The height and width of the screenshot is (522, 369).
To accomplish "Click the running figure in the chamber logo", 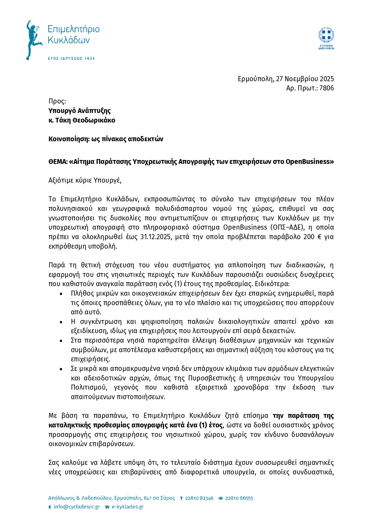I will pyautogui.click(x=33, y=40).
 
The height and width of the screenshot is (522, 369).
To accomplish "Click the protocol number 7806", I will pyautogui.click(x=326, y=88).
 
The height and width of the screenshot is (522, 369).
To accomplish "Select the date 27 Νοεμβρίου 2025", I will pyautogui.click(x=305, y=79).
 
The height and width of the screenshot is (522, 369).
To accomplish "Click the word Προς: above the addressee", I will pyautogui.click(x=57, y=101).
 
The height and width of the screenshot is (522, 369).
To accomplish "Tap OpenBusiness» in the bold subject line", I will pyautogui.click(x=309, y=162).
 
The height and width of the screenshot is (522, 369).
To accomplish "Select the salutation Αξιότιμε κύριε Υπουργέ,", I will pyautogui.click(x=85, y=180).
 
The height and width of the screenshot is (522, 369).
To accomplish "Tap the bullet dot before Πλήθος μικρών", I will pyautogui.click(x=61, y=294).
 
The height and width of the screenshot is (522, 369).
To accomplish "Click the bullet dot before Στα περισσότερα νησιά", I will pyautogui.click(x=61, y=341).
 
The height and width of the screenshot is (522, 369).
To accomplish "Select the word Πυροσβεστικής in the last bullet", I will pyautogui.click(x=210, y=378).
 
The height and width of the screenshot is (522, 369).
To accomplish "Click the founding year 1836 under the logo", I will pyautogui.click(x=90, y=58).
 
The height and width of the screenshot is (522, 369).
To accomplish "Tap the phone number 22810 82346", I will pyautogui.click(x=199, y=498).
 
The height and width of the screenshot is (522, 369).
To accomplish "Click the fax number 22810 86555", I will pyautogui.click(x=239, y=498).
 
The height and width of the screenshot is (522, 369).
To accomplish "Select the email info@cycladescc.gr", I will pyautogui.click(x=77, y=507).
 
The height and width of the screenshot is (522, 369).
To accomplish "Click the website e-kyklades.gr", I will pyautogui.click(x=128, y=507).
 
